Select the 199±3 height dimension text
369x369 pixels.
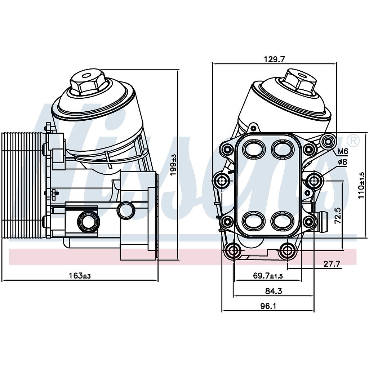click(174, 165)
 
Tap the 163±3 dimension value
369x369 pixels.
click(80, 275)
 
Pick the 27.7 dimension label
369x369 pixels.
click(332, 264)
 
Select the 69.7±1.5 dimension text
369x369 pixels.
click(268, 276)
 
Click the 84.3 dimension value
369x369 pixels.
click(274, 291)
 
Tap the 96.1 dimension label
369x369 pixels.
click(268, 306)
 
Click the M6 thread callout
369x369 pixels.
click(343, 151)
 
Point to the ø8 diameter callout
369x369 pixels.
click(343, 162)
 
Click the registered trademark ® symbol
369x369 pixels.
click(354, 141)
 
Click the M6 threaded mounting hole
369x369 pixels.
click(328, 141)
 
